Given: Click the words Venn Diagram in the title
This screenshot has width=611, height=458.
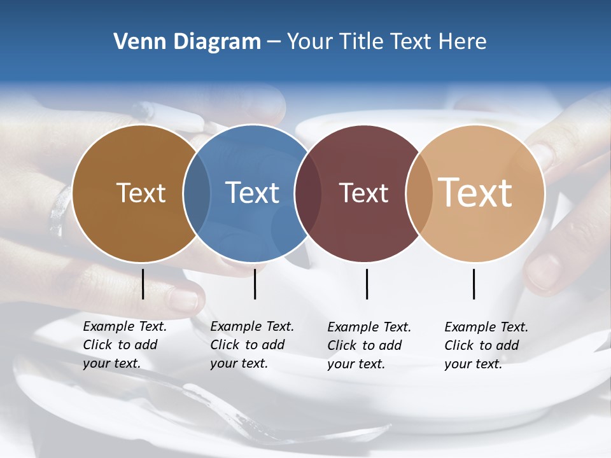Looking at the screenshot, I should pos(187,42).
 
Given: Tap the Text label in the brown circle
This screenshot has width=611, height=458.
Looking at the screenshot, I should pos(141,193).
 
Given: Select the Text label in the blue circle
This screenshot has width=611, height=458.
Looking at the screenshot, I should pos(253,193).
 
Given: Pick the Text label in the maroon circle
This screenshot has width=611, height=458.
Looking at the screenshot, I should pos(364,193).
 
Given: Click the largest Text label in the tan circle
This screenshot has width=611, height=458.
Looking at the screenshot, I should pos(475,193).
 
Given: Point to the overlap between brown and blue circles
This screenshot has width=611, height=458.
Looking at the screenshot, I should pos(197,193).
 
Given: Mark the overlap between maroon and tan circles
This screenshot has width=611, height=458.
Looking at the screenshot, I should pos(419,193).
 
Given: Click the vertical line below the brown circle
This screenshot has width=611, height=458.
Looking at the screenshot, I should pos(143,284).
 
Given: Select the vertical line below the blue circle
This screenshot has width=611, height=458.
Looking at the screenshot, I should pos(255,284).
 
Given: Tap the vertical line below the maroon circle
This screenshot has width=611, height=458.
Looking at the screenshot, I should pos(367,284).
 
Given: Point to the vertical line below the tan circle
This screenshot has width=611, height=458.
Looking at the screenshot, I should pos(474,284).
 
